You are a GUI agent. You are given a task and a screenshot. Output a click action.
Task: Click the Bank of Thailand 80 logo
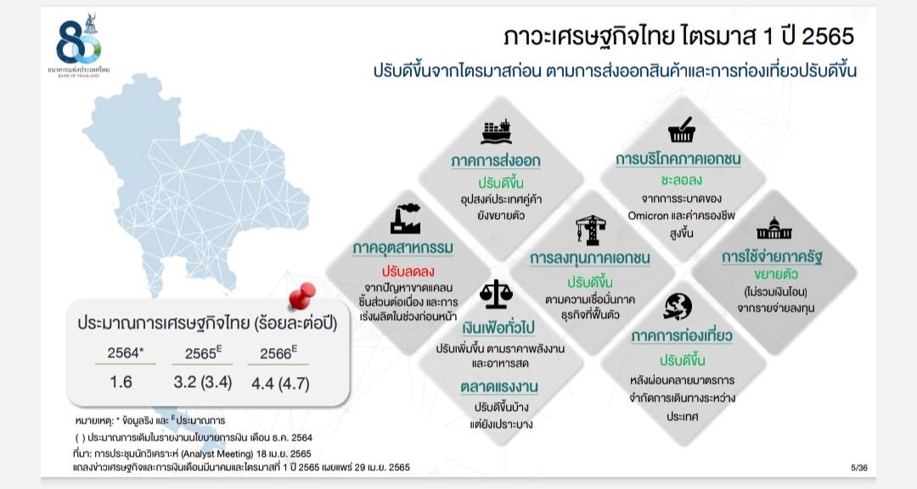click(79, 45)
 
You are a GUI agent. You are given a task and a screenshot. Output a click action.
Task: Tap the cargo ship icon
click(496, 132)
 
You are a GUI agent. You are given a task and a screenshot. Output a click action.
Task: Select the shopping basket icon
click(682, 130)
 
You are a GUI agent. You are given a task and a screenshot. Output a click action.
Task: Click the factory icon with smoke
click(405, 219)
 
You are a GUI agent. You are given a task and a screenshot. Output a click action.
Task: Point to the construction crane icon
click(590, 229)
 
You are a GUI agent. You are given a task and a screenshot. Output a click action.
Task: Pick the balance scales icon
click(496, 295)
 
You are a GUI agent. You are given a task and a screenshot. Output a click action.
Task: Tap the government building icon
click(774, 228)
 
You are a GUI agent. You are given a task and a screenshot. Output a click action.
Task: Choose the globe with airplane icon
click(678, 306)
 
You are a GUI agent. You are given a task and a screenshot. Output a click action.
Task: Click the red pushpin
click(301, 295)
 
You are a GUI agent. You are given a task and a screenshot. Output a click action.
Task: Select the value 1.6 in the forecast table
click(121, 382)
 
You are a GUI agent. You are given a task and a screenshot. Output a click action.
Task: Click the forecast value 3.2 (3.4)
click(202, 383)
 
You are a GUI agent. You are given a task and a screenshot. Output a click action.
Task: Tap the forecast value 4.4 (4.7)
click(280, 384)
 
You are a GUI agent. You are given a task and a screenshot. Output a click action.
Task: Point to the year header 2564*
click(125, 352)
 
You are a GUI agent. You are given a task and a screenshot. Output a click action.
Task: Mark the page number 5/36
click(859, 468)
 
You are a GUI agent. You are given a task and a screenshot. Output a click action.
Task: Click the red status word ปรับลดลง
click(408, 271)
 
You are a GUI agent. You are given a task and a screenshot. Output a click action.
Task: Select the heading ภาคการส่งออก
click(495, 160)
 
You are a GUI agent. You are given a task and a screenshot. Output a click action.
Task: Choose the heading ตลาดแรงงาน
click(499, 387)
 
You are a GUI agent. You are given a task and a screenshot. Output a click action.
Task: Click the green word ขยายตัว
click(776, 274)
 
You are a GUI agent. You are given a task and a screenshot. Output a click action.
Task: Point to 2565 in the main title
click(828, 37)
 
